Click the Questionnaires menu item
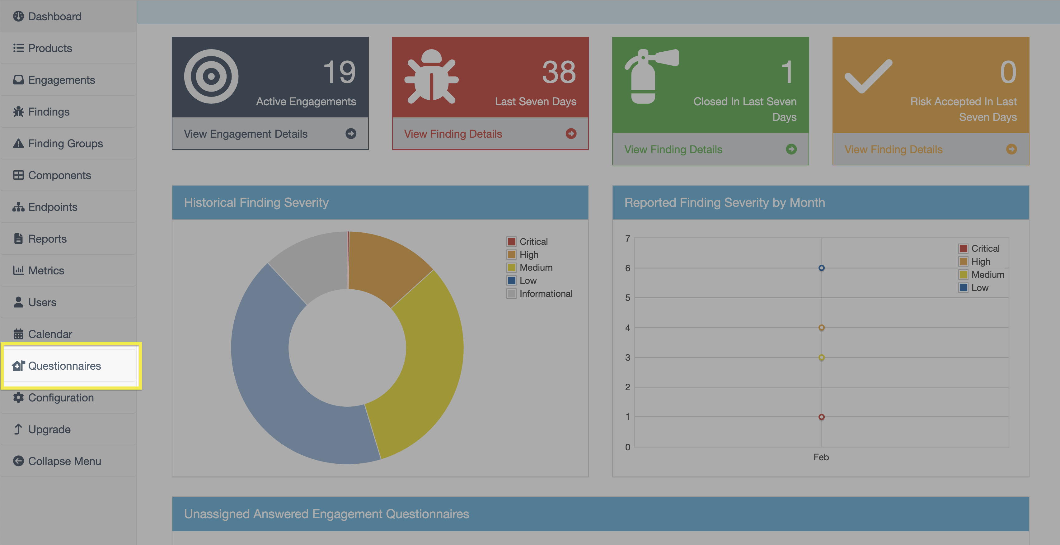pyautogui.click(x=64, y=366)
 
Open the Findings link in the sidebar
pyautogui.click(x=49, y=112)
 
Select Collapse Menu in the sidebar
pyautogui.click(x=64, y=461)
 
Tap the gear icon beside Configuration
pyautogui.click(x=18, y=398)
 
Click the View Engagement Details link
pyautogui.click(x=246, y=134)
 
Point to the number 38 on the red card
pyautogui.click(x=559, y=72)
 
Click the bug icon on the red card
pyautogui.click(x=431, y=76)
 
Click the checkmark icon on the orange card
pyautogui.click(x=868, y=76)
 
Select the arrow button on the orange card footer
pyautogui.click(x=1011, y=149)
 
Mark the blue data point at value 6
pyautogui.click(x=821, y=268)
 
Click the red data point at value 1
pyautogui.click(x=821, y=417)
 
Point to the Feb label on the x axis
pyautogui.click(x=821, y=457)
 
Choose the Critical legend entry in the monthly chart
pyautogui.click(x=985, y=249)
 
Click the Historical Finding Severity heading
pyautogui.click(x=256, y=202)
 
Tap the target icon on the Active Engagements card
pyautogui.click(x=211, y=76)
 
